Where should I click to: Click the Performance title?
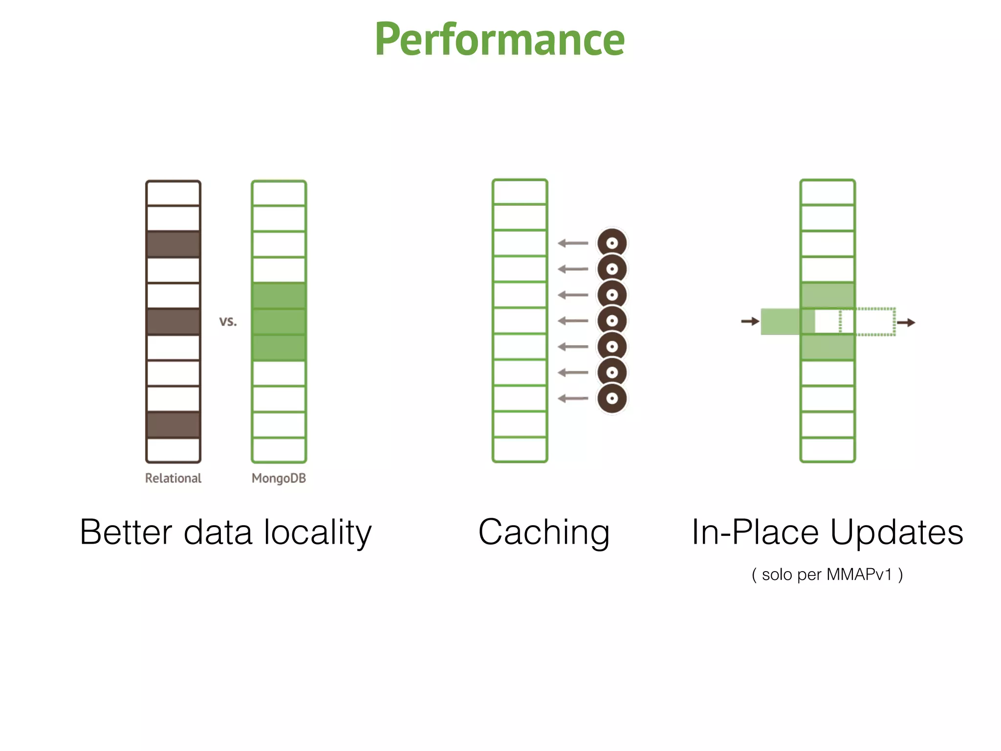(500, 40)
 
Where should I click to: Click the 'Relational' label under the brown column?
(173, 478)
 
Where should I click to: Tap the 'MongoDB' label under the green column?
(279, 478)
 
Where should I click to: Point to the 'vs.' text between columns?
(228, 321)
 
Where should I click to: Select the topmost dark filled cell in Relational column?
(173, 244)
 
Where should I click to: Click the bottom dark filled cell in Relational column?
(173, 424)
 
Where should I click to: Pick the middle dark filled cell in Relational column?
(173, 321)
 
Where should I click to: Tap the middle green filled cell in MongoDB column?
(279, 321)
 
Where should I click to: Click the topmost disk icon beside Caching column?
(612, 243)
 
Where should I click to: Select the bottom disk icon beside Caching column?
(612, 398)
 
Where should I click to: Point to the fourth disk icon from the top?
(612, 321)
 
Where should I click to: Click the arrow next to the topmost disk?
(573, 243)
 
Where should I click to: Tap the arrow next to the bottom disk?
(573, 398)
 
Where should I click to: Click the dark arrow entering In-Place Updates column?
(750, 321)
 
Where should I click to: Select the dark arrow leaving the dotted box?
(906, 322)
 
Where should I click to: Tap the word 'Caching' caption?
(544, 532)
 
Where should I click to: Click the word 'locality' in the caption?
(318, 532)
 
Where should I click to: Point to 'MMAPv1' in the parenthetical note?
(859, 574)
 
